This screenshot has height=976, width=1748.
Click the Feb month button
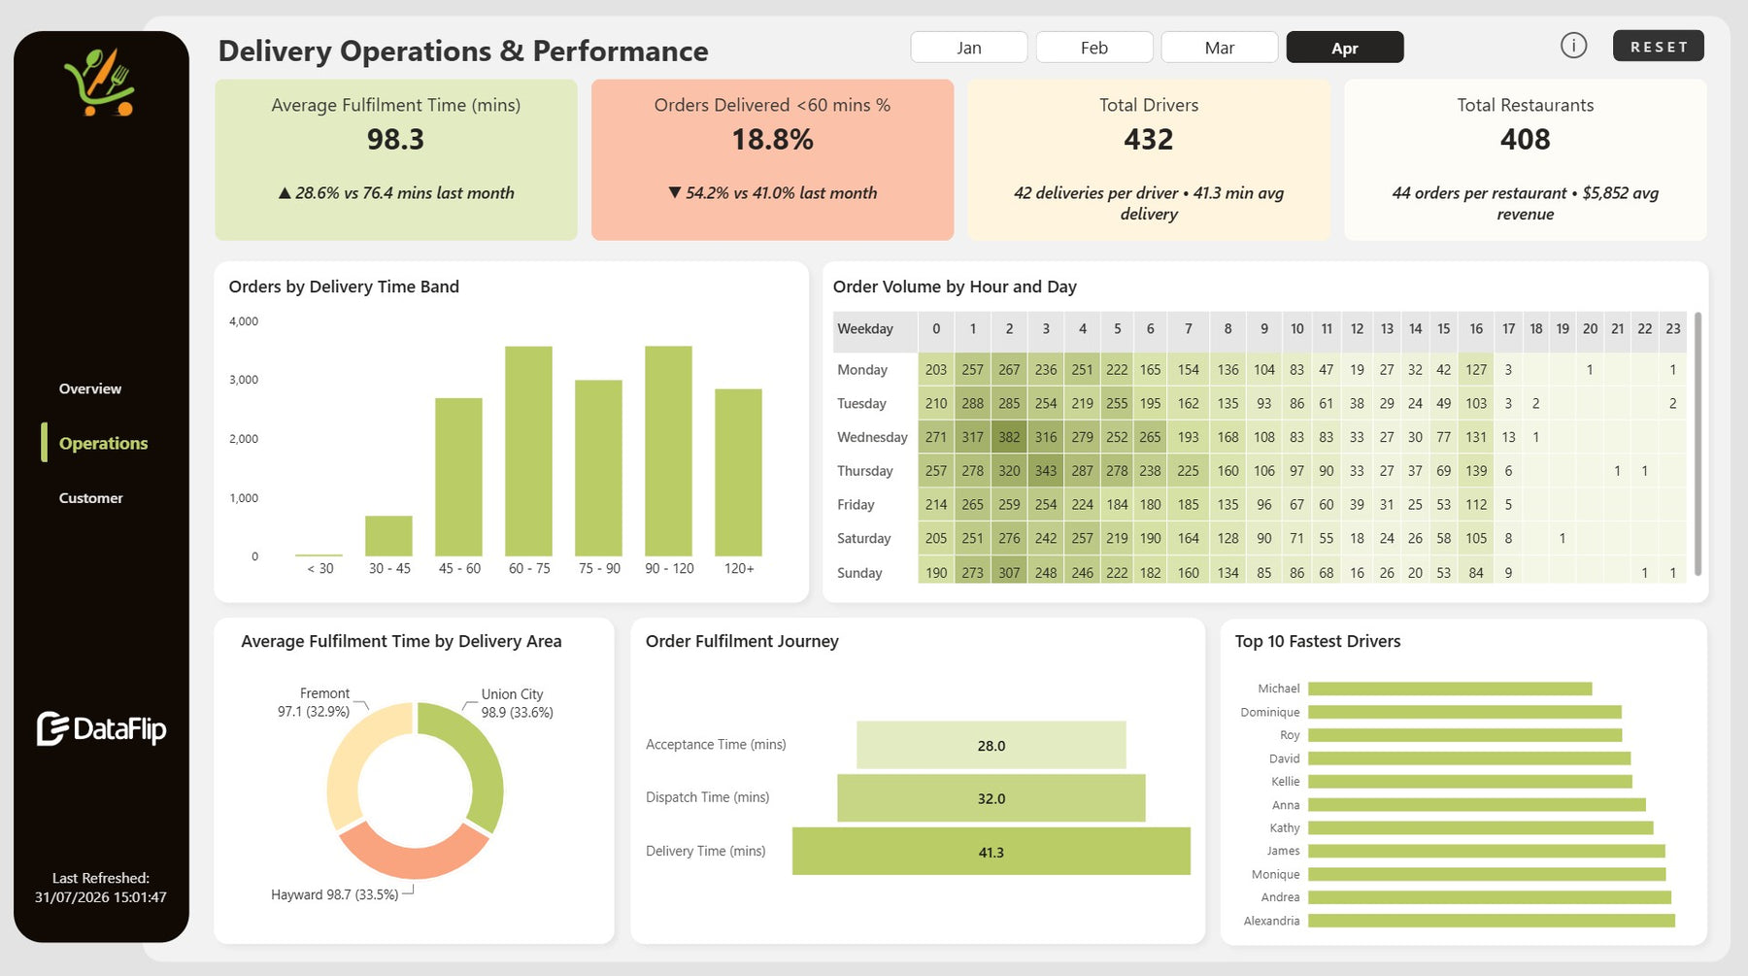tap(1094, 48)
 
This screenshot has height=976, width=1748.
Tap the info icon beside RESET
tap(1573, 46)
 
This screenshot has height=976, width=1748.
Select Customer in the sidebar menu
tap(91, 498)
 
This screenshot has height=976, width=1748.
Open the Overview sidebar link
tap(90, 388)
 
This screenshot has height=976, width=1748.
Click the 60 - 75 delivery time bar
tap(528, 451)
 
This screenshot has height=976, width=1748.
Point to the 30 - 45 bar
tap(388, 536)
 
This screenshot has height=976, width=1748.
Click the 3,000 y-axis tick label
tap(244, 380)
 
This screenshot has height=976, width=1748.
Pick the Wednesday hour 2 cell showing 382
tap(1009, 437)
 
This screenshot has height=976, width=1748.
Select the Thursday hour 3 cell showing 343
tap(1046, 471)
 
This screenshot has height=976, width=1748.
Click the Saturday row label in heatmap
tap(863, 539)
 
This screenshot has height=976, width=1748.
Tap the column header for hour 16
tap(1476, 329)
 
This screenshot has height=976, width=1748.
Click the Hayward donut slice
tap(413, 851)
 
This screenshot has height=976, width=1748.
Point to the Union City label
tap(512, 694)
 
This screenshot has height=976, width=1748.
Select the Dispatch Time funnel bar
tap(991, 798)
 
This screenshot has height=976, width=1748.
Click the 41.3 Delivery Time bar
tap(991, 852)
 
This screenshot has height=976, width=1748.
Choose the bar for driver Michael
tap(1450, 689)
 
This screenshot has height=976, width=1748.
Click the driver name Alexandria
tap(1271, 921)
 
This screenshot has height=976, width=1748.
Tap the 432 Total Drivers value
tap(1149, 140)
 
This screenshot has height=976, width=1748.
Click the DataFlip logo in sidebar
tap(101, 729)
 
